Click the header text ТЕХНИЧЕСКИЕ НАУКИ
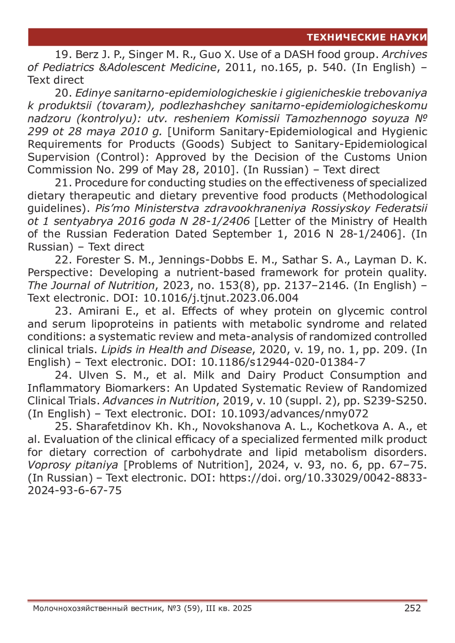(x=367, y=37)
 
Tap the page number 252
(x=413, y=608)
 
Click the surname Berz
(x=86, y=55)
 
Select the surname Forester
(x=98, y=260)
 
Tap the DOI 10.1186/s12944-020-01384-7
(x=283, y=362)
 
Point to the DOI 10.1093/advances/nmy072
(x=295, y=414)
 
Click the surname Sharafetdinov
(x=113, y=426)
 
